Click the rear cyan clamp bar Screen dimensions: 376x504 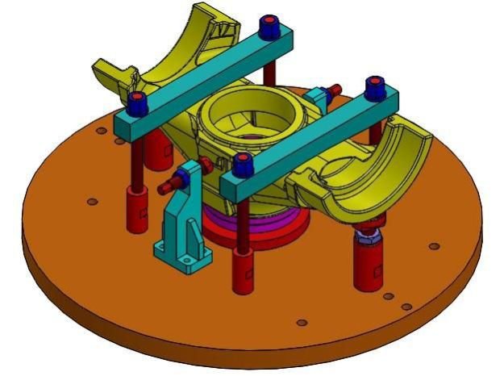click(x=202, y=81)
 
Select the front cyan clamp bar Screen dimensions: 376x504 click(x=314, y=141)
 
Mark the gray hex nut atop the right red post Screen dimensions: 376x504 click(x=370, y=236)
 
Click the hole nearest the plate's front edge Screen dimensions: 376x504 click(x=302, y=323)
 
